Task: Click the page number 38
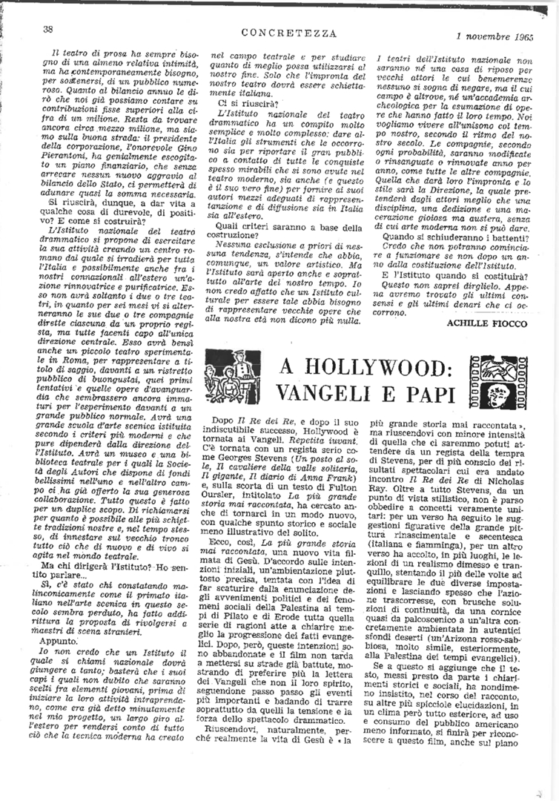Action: (47, 29)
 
